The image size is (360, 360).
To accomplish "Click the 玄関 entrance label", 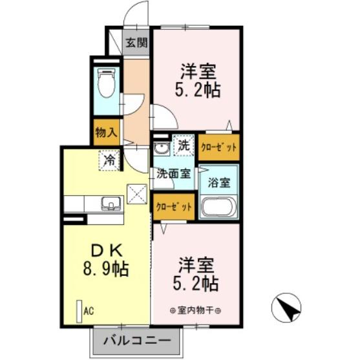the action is (x=137, y=43).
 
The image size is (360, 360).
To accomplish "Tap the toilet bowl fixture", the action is (x=106, y=83).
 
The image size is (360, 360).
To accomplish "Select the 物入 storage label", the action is (x=107, y=132).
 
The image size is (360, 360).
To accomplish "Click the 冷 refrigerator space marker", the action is (x=109, y=160).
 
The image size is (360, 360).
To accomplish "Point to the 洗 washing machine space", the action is (x=184, y=145).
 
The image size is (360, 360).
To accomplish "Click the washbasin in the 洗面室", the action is (x=162, y=148).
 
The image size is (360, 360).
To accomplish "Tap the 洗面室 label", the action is (x=174, y=174).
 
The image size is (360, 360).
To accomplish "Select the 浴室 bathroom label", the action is (x=219, y=182).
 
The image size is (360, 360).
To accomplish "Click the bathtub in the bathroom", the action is (x=218, y=207).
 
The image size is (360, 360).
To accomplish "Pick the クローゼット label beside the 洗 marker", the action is (x=219, y=147).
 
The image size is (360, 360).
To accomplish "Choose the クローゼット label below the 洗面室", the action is (x=174, y=207).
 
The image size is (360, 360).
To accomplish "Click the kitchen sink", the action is (x=111, y=204).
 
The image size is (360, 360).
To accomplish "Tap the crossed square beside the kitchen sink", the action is (x=137, y=195).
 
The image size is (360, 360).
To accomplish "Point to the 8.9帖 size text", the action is (x=106, y=268).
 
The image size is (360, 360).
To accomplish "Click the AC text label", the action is (x=89, y=312).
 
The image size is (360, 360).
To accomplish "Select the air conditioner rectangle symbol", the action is (x=79, y=312).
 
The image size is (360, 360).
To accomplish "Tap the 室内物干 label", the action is (x=195, y=311).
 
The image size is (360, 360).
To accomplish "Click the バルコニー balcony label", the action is (x=137, y=341).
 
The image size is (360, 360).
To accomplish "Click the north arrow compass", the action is (x=286, y=308).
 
